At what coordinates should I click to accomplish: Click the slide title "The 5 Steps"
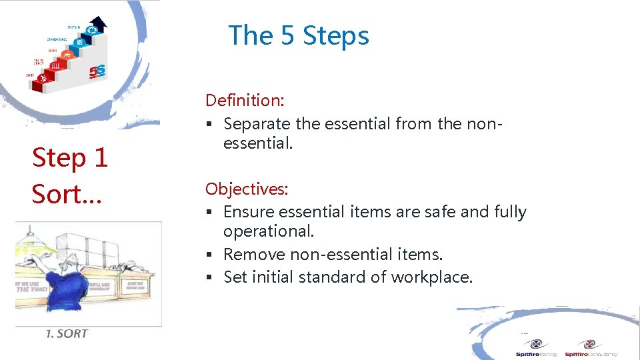tap(298, 35)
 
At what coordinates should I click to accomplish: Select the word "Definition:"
tap(245, 101)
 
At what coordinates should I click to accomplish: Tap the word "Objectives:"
tap(247, 189)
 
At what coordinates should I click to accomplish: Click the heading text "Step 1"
tap(70, 158)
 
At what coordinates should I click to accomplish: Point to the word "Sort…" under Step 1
tap(65, 194)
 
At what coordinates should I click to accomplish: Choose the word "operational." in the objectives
tap(269, 231)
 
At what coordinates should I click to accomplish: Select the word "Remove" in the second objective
tap(251, 254)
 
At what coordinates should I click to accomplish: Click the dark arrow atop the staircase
tap(99, 23)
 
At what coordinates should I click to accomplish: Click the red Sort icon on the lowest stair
tap(44, 79)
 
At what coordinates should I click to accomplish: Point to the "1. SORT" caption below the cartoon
tap(67, 333)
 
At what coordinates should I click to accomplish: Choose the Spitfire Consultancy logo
tap(591, 348)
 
